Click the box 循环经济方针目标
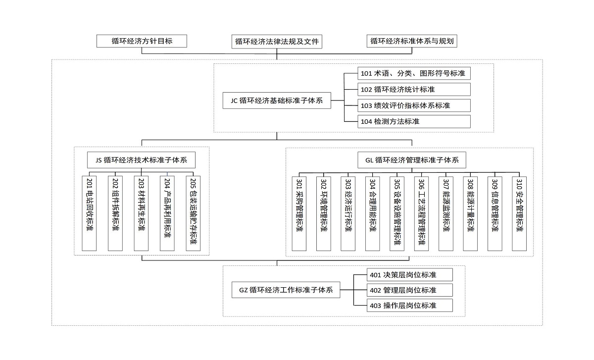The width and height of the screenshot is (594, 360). pos(142,41)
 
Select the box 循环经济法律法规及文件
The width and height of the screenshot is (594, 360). pos(277,42)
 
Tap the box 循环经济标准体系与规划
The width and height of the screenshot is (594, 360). pos(412,41)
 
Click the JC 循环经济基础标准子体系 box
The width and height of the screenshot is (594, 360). pos(277,101)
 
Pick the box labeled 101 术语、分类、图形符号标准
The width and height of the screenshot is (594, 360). pos(414,73)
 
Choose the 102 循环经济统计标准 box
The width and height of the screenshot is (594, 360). pos(414,90)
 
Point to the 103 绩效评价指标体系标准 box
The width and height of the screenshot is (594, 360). pos(414,105)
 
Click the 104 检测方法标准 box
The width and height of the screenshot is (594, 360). pos(414,121)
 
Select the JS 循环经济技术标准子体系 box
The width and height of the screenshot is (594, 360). pos(142,160)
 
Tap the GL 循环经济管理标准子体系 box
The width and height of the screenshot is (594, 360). pos(412,160)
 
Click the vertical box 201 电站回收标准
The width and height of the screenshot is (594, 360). pos(89,213)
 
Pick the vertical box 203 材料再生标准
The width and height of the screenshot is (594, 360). pos(141,213)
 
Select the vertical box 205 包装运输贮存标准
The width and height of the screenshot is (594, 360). pos(193,213)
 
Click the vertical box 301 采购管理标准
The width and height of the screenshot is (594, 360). pos(299,213)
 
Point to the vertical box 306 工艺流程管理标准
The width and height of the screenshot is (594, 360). pos(421,213)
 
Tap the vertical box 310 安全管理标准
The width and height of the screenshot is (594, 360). pos(519,213)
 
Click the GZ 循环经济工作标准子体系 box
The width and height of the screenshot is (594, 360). pos(286,290)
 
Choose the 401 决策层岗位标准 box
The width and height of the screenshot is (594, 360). pos(410,275)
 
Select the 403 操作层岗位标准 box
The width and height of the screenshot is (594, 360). pos(410,306)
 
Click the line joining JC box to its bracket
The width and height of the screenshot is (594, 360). pos(338,101)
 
